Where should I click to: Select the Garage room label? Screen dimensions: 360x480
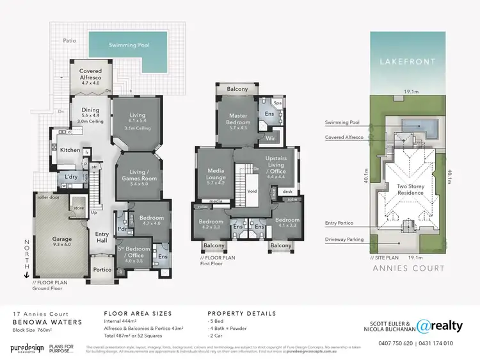tap(62, 241)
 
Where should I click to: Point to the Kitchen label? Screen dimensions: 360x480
tap(71, 150)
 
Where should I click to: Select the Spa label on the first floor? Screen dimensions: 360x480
tap(278, 102)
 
